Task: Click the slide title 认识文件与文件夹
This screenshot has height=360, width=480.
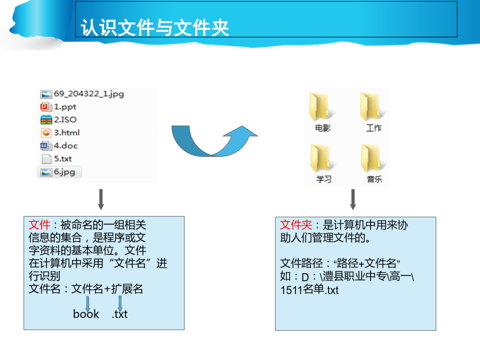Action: point(155,28)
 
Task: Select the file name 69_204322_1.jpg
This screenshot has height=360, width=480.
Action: point(89,94)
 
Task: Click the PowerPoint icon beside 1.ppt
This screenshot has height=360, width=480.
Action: point(46,107)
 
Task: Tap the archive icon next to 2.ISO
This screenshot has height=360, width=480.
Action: point(46,119)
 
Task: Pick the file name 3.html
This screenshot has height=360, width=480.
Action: point(67,133)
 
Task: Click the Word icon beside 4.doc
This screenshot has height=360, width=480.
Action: point(46,146)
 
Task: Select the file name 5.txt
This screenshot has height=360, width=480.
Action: point(63,158)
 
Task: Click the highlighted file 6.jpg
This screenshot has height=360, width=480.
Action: point(60,172)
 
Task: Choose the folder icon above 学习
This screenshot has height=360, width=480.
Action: point(321,158)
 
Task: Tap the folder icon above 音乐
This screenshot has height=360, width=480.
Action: point(372,158)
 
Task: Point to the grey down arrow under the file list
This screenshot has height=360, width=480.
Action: point(101,199)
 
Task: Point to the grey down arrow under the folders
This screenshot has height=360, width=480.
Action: point(353,199)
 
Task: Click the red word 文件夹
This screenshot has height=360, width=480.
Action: point(296,225)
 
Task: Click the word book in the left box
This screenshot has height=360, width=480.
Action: point(86,314)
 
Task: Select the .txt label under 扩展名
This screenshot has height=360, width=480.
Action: point(119,314)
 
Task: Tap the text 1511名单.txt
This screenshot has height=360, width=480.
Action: point(309,290)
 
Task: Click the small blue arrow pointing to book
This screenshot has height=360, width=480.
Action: point(88,303)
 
